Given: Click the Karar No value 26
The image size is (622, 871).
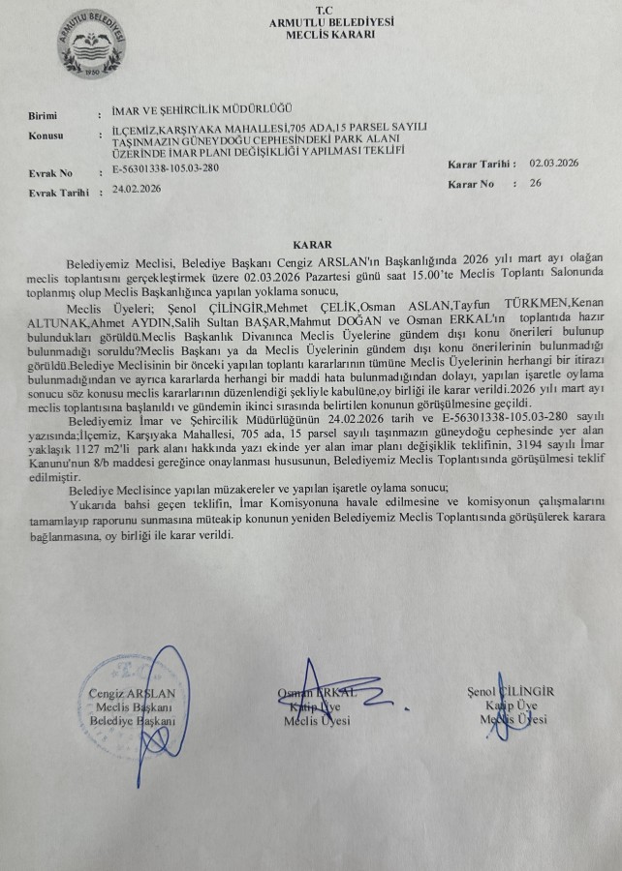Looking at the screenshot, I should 535,182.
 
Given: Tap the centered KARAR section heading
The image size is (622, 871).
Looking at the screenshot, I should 312,247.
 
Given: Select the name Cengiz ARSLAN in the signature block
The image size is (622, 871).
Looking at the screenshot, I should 131,694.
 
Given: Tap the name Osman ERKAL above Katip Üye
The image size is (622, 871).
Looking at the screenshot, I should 317,693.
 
